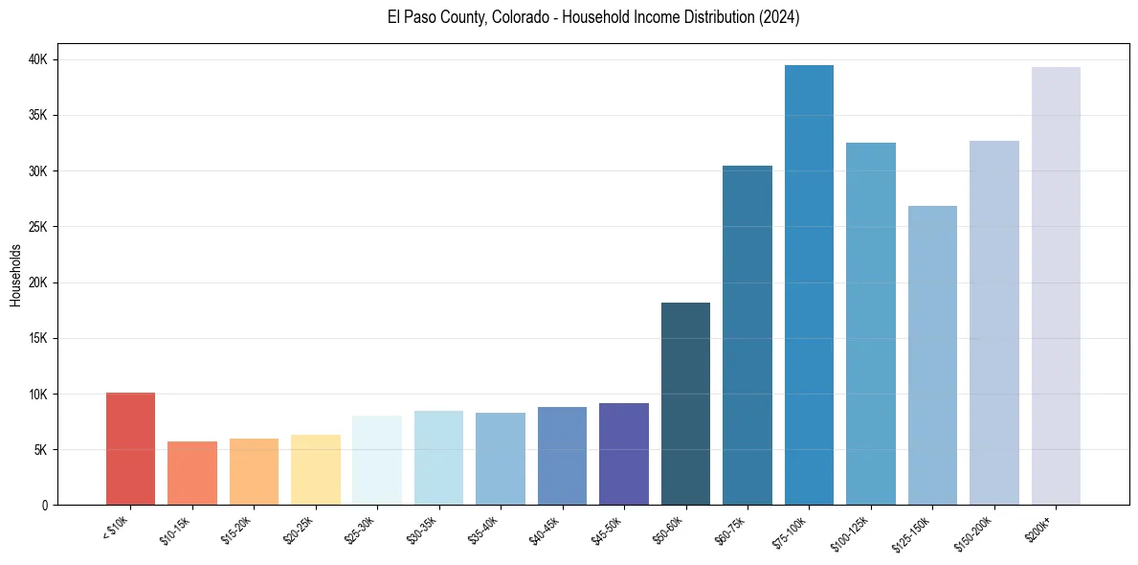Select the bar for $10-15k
[x=192, y=473]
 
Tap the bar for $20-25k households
[x=316, y=469]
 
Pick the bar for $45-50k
[x=624, y=454]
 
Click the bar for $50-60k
[x=685, y=403]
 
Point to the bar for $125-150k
[x=932, y=355]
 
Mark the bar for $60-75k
[x=748, y=335]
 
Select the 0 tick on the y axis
[x=48, y=506]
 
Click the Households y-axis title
[x=16, y=275]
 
